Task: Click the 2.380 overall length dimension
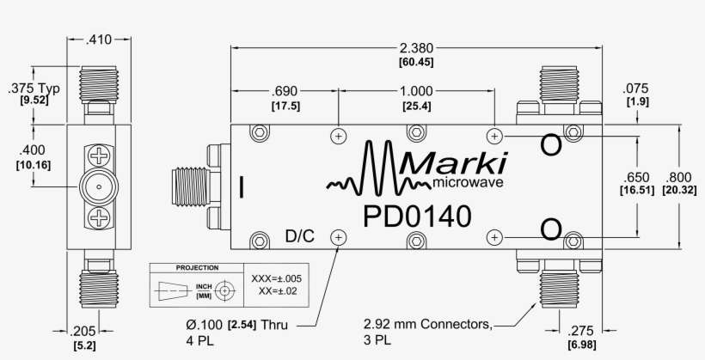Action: pos(416,48)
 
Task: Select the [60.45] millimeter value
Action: pos(416,63)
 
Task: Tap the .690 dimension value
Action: pos(285,92)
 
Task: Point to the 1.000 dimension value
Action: pos(417,92)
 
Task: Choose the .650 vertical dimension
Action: pos(637,175)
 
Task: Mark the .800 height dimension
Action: pos(679,175)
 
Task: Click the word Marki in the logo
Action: pos(454,162)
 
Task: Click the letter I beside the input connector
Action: pos(242,186)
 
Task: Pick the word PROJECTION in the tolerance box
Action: pos(197,268)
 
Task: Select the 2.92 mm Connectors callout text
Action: pos(428,325)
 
